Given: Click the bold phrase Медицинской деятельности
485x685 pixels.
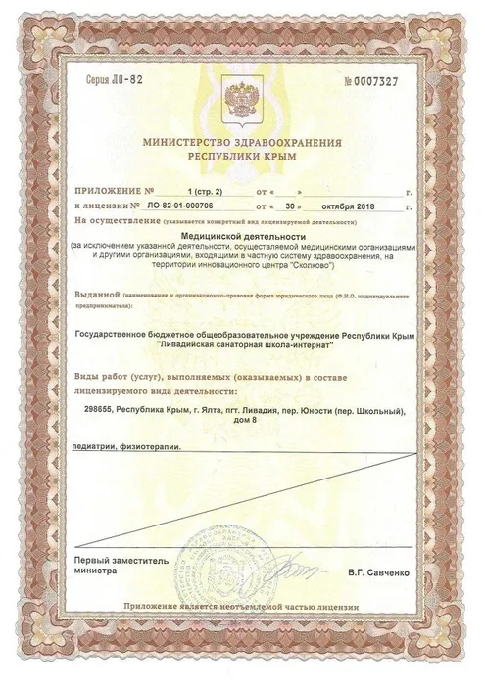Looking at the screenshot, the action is pos(243,237).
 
